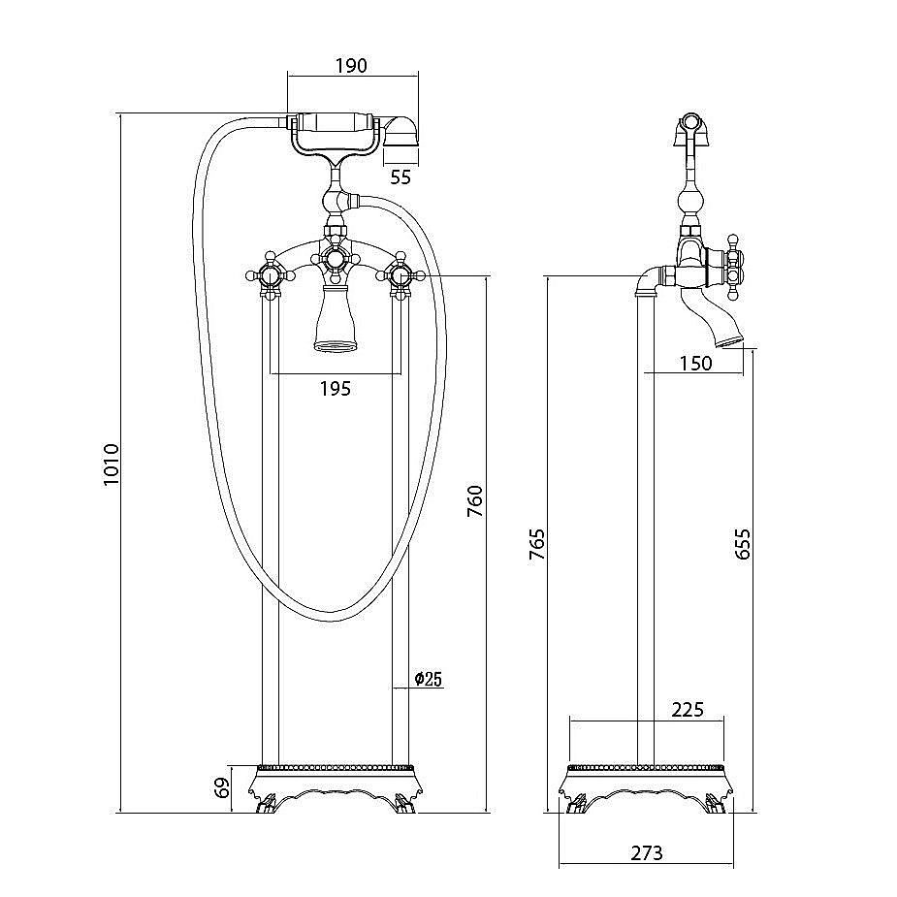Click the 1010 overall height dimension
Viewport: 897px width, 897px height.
(x=111, y=465)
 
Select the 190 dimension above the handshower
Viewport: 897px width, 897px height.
(x=351, y=66)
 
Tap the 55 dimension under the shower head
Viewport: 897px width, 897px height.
(x=400, y=177)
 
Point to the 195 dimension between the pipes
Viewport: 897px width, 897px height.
(x=336, y=389)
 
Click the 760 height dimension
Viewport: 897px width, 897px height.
(x=475, y=501)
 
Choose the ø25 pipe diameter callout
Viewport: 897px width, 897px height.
(x=429, y=679)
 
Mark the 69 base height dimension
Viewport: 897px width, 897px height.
(x=222, y=787)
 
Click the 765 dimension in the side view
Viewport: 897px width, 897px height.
(x=536, y=544)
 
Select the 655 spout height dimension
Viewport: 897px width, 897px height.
(x=742, y=544)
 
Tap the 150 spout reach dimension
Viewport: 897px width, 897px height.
(x=695, y=364)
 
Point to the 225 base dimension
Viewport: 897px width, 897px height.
(x=688, y=710)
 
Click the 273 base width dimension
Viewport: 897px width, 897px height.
(x=647, y=853)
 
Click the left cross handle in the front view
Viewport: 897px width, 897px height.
(x=270, y=276)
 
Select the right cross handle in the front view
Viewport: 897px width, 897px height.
(x=400, y=276)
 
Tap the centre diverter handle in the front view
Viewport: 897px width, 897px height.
(x=336, y=259)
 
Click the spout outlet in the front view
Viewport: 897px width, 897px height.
(x=336, y=316)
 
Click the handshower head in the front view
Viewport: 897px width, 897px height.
(x=400, y=133)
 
